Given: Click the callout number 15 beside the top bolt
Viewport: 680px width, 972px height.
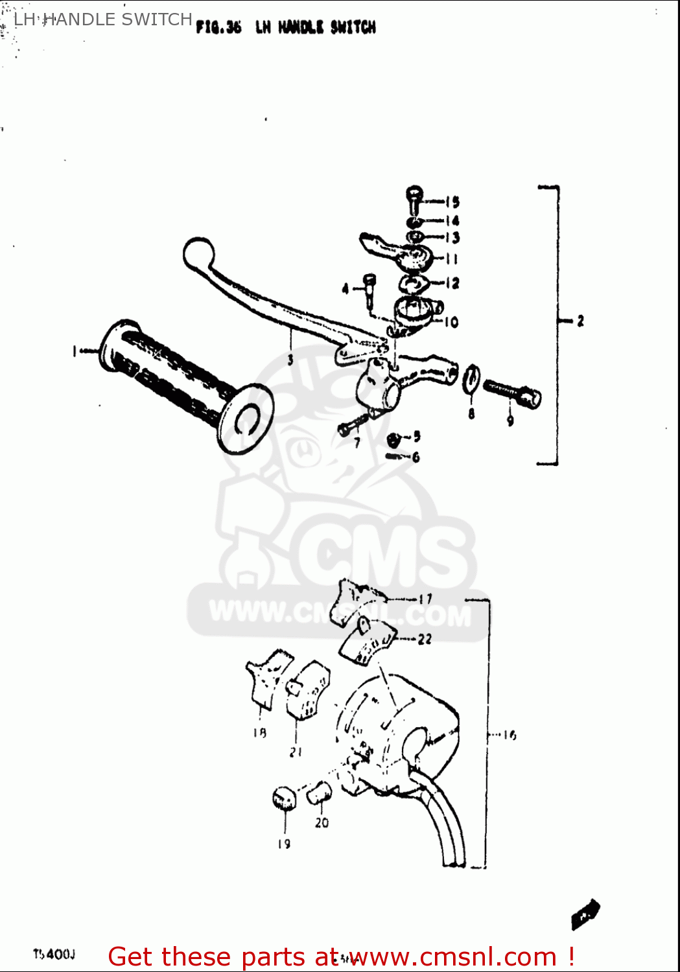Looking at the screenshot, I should tap(452, 202).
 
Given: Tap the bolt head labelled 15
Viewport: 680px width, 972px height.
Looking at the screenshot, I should tap(414, 194).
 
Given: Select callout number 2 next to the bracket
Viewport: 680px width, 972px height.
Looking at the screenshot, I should tap(580, 320).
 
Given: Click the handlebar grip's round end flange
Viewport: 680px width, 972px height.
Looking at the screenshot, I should tap(246, 418).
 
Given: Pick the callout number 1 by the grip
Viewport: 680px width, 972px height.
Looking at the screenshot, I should tap(75, 351).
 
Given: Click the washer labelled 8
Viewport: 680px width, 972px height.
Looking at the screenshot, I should tap(471, 380).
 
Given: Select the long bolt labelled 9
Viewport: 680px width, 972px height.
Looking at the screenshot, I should tap(512, 393).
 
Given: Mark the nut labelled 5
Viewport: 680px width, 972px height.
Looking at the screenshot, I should tap(393, 439).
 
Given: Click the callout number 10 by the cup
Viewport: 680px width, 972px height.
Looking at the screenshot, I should tap(451, 321).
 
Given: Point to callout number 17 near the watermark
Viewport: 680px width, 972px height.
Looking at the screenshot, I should tap(425, 599).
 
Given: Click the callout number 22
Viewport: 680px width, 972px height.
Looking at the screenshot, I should tap(425, 639).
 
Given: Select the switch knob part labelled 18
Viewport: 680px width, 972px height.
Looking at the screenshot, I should tap(268, 677).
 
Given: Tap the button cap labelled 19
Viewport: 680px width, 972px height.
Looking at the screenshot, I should tap(284, 798).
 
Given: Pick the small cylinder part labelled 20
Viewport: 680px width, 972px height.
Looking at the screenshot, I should tap(318, 792).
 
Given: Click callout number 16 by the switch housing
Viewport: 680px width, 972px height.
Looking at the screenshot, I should tap(510, 735).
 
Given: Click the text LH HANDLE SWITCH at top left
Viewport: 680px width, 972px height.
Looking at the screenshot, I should tap(102, 19).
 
